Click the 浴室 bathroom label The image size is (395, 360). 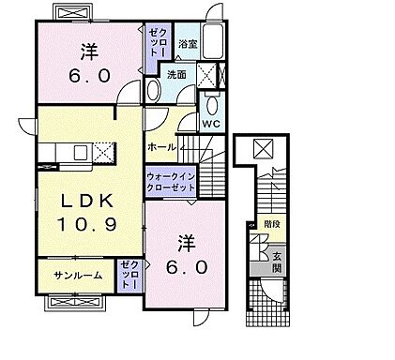188,44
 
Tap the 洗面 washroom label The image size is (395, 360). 176,75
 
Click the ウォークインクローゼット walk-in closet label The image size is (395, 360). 171,182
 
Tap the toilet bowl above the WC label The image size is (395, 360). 212,101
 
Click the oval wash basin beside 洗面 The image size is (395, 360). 153,90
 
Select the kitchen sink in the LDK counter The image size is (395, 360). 79,152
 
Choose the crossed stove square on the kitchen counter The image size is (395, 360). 104,152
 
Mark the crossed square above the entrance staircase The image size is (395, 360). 264,147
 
